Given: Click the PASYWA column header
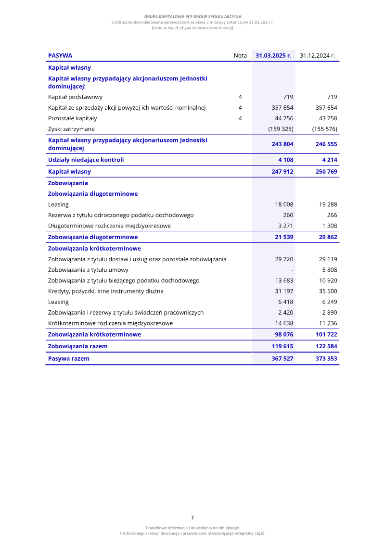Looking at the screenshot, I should click(60, 56).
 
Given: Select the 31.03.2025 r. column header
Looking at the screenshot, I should click(273, 56).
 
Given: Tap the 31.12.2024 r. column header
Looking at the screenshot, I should click(317, 56).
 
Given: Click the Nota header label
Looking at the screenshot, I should click(240, 56).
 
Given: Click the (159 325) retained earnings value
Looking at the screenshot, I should click(281, 129).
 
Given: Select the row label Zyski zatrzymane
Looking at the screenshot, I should click(71, 129).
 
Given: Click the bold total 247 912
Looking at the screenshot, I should click(282, 171).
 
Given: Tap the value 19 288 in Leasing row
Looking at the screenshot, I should click(328, 204).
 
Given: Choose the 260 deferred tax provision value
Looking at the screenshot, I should click(288, 215).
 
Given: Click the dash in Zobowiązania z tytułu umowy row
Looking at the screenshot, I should click(292, 270).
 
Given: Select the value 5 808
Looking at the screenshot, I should click(330, 270).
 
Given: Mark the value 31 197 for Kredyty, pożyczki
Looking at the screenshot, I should click(284, 291).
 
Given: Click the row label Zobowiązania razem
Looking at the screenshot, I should click(77, 346).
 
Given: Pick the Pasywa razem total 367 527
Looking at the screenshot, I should click(282, 358).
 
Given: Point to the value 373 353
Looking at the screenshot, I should click(326, 358).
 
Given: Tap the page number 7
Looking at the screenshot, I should click(192, 518).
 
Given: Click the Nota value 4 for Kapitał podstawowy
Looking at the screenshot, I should click(240, 97).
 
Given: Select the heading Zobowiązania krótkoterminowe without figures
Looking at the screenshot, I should click(94, 249).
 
